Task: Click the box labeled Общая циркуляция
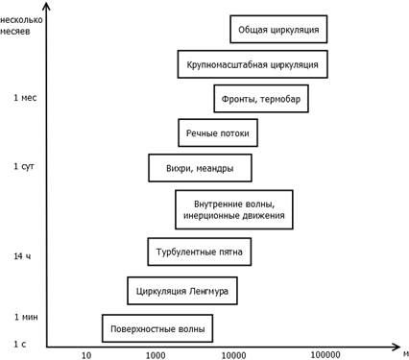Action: (278, 29)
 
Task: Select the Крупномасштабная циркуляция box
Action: (253, 64)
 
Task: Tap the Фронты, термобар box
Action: (261, 99)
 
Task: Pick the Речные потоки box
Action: (218, 132)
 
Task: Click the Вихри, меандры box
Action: (200, 168)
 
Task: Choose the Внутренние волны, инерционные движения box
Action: (234, 209)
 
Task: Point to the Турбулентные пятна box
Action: (200, 252)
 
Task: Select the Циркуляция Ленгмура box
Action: (182, 291)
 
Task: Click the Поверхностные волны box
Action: (157, 328)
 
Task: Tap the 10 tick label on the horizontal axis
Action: (86, 355)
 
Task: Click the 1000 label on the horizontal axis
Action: (156, 355)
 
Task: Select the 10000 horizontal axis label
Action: (234, 355)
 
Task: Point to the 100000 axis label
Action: (325, 354)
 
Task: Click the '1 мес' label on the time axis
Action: (25, 98)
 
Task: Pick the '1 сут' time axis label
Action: (24, 166)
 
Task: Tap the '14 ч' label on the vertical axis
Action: (22, 256)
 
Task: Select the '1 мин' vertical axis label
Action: (26, 317)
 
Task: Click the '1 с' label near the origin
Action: (20, 344)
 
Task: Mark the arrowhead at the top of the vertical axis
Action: (47, 5)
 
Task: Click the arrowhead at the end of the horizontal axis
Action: (397, 347)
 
